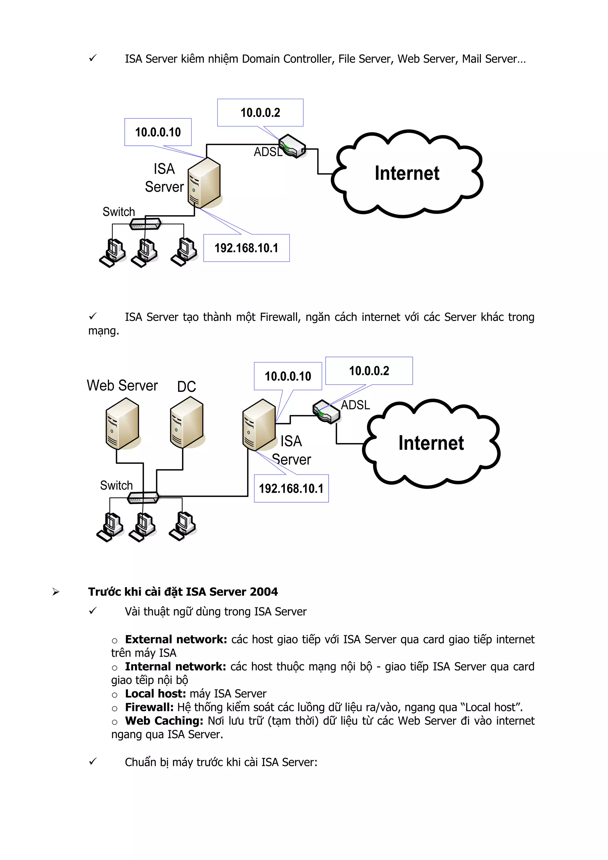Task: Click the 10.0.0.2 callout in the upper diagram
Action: point(260,113)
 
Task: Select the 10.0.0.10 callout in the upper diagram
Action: point(158,132)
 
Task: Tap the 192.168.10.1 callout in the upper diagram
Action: point(246,248)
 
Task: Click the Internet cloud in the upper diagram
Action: point(407,173)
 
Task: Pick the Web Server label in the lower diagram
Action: point(122,385)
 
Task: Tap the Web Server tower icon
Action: point(122,424)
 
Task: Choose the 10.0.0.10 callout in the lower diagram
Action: point(288,376)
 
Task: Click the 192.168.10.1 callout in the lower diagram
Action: point(291,488)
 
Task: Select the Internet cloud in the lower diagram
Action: point(431,443)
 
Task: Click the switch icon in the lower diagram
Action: point(143,498)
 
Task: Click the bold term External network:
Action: point(176,639)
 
